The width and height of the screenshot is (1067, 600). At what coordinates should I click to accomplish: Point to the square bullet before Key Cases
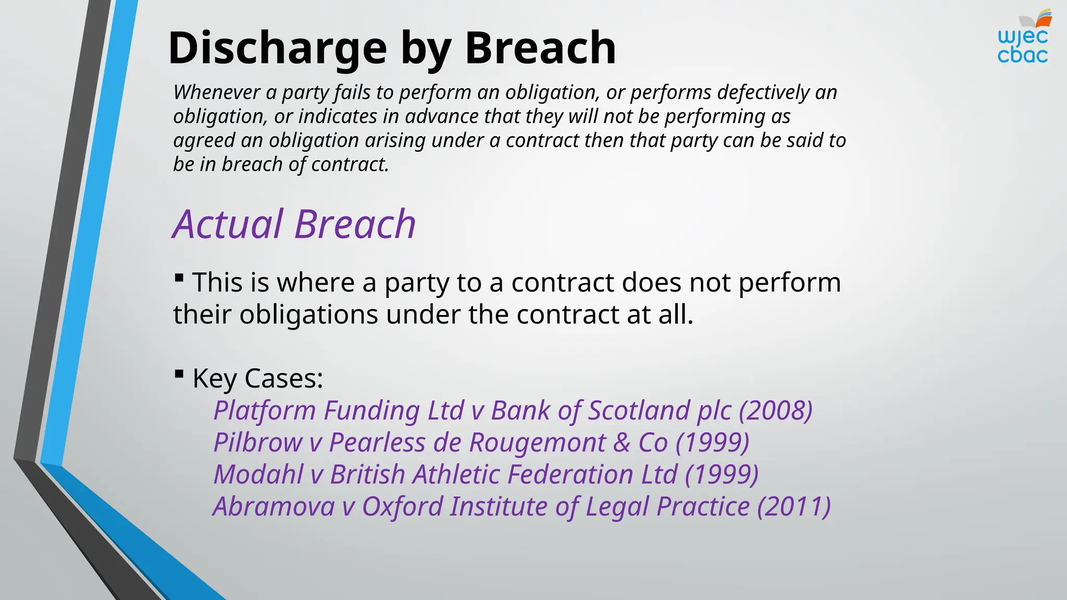click(179, 373)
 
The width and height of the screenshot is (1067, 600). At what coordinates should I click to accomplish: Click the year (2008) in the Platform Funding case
click(776, 410)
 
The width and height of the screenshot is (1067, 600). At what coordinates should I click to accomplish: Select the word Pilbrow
click(258, 443)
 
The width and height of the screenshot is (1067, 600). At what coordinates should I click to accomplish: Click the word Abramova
click(274, 506)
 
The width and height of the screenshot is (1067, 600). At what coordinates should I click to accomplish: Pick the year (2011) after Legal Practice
click(793, 506)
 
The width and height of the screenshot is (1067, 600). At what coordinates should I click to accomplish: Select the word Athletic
click(456, 474)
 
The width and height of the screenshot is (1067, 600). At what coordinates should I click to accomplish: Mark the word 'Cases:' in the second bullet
click(283, 378)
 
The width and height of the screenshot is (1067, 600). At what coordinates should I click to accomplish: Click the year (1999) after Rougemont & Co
click(712, 443)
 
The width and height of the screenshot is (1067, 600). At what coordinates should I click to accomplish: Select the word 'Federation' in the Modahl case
click(570, 474)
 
